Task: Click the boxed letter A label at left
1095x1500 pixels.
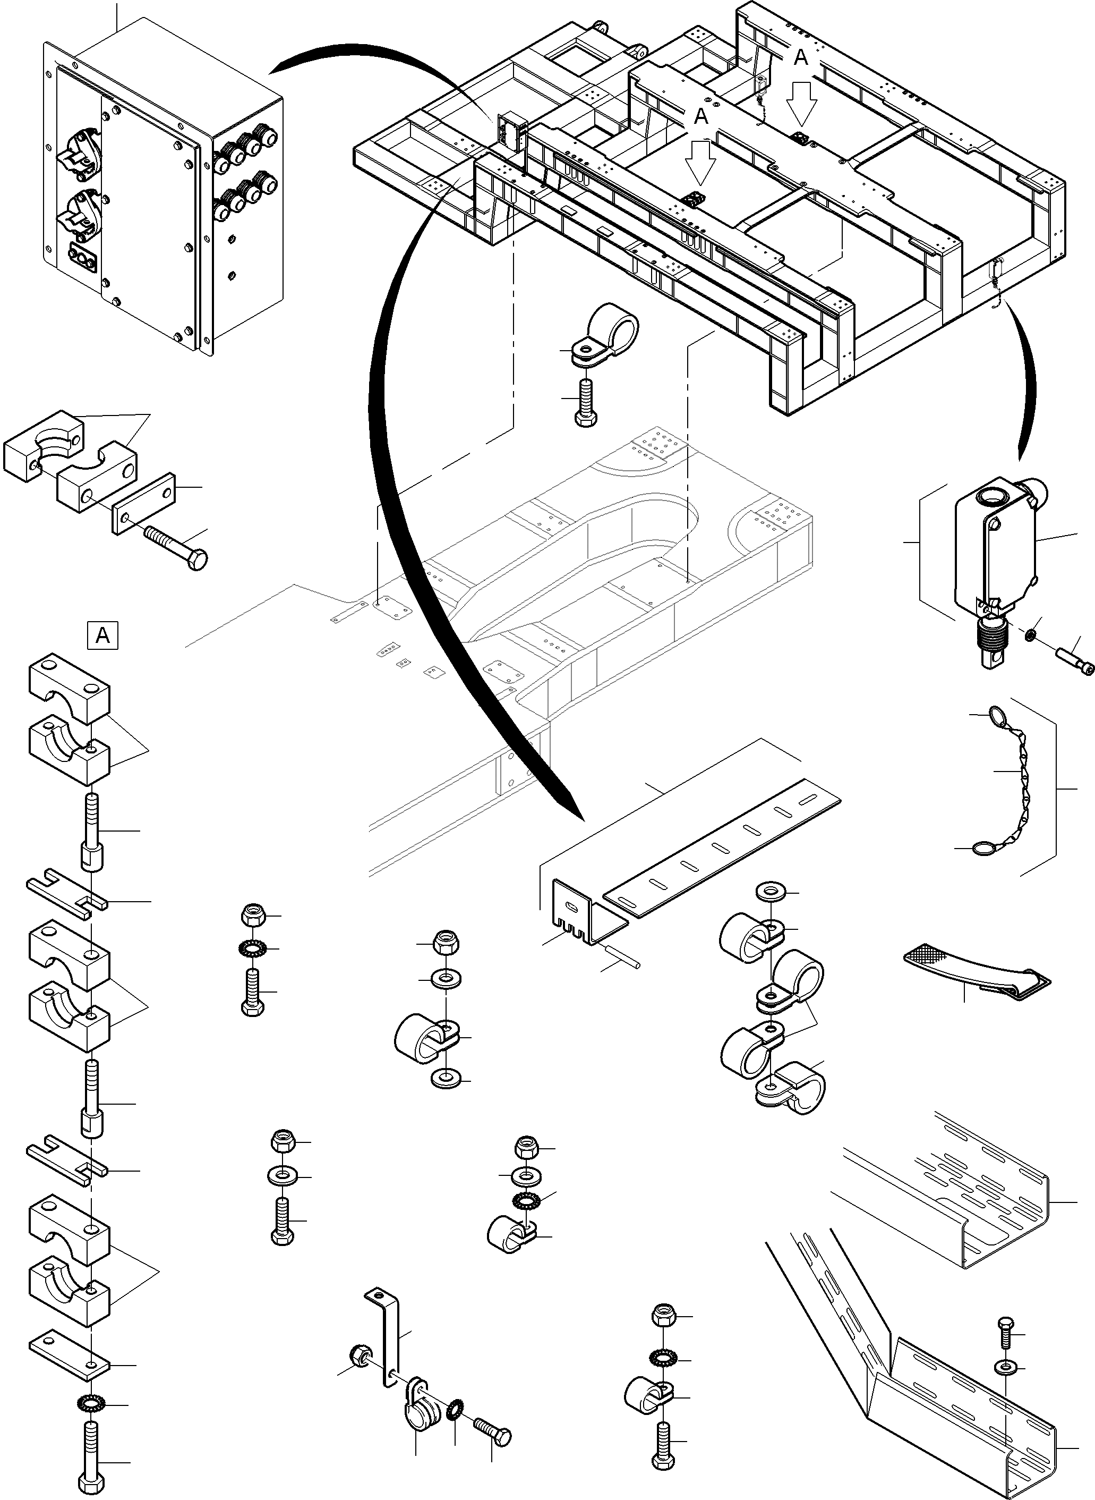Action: pyautogui.click(x=102, y=635)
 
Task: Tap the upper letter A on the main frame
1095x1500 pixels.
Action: pyautogui.click(x=801, y=58)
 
